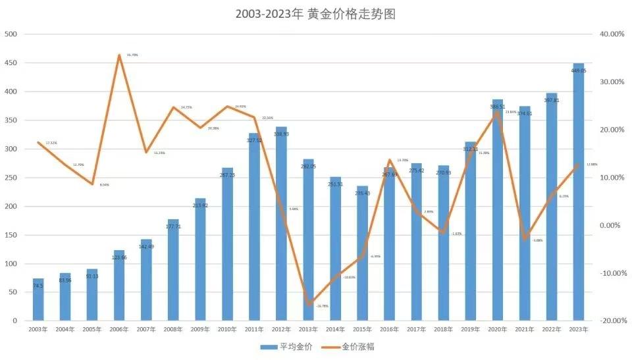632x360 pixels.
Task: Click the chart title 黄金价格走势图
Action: click(x=315, y=14)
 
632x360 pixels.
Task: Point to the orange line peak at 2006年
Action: click(x=119, y=55)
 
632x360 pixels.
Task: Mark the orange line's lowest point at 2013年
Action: click(x=308, y=305)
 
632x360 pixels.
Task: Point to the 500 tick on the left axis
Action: click(x=12, y=34)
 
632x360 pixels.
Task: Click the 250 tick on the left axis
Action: click(x=12, y=178)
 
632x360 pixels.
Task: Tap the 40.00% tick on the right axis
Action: click(x=610, y=34)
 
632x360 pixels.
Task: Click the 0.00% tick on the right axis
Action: click(x=612, y=225)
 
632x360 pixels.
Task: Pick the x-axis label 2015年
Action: click(x=362, y=329)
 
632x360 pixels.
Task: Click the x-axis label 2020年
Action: click(x=497, y=329)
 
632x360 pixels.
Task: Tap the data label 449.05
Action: click(x=579, y=70)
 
